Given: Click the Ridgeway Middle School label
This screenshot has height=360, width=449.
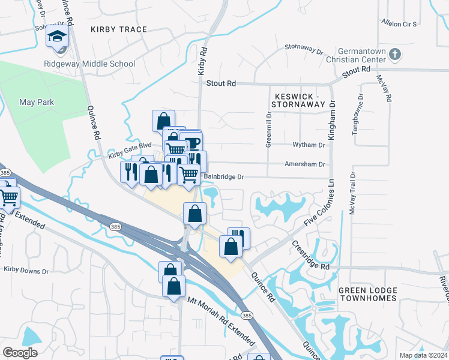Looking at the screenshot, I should (x=89, y=64).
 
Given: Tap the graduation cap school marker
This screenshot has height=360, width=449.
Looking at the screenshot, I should (x=58, y=37).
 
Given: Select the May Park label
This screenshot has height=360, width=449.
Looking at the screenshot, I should (x=36, y=102).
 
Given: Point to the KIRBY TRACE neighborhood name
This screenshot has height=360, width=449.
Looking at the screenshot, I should (x=119, y=29).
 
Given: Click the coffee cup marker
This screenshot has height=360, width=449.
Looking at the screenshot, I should (x=192, y=143).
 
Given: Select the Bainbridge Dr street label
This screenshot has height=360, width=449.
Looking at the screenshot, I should (x=224, y=177).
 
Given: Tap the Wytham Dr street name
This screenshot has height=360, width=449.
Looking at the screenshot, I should (x=309, y=145).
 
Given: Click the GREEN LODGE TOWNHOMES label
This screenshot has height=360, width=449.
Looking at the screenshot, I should (x=368, y=294).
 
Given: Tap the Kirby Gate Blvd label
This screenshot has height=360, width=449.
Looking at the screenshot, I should (x=130, y=149).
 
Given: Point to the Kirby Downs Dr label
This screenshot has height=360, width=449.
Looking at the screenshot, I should (x=26, y=271).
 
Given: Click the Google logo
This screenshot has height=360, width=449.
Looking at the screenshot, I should (x=20, y=353).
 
